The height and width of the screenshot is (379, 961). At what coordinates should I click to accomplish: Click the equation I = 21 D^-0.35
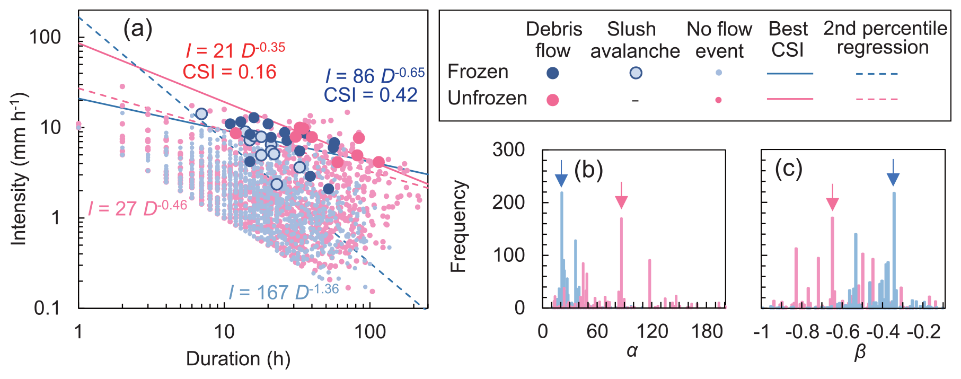tap(235, 50)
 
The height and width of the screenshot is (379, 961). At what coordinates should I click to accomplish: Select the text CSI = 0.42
tap(371, 95)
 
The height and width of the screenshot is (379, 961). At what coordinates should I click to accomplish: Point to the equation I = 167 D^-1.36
tap(284, 292)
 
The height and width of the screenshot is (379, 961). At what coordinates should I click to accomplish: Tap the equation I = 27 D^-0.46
tap(137, 208)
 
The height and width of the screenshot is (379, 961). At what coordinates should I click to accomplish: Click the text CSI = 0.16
tap(230, 72)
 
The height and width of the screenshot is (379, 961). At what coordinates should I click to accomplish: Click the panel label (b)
tap(588, 170)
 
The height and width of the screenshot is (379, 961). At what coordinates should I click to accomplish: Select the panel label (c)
tap(788, 169)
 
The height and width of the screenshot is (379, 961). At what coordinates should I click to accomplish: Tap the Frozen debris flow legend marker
tap(552, 73)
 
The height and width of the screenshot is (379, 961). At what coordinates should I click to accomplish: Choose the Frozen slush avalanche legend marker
tap(636, 73)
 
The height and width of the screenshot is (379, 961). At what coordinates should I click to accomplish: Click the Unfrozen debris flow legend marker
tap(552, 100)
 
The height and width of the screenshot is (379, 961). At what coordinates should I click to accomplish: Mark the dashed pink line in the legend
tap(877, 99)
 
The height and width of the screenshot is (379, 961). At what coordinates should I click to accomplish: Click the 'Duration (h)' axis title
tap(238, 359)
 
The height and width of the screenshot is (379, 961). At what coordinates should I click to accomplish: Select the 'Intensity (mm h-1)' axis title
tap(19, 170)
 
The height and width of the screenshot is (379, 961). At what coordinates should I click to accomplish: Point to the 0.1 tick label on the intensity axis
tap(47, 307)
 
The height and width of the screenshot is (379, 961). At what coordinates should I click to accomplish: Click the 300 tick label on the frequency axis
tap(508, 150)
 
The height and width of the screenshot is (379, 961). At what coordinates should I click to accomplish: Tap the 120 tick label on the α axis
tap(652, 332)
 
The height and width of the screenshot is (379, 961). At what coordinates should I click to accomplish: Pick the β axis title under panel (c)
tap(860, 352)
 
